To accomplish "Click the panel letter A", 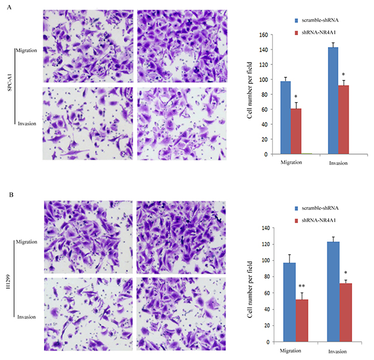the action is (x=9, y=7).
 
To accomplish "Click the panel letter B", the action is (x=11, y=195).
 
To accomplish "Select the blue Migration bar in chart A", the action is (x=285, y=117).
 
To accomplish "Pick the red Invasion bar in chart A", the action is (x=344, y=120).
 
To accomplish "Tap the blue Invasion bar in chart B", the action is (x=333, y=292).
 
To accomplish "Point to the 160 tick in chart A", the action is (x=264, y=35).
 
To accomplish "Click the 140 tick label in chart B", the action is (x=265, y=228).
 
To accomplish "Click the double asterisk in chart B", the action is (x=302, y=286).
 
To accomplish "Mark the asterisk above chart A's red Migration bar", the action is (x=296, y=97).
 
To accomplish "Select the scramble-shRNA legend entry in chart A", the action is (x=317, y=20).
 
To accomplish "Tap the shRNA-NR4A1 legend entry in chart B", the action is (x=315, y=220).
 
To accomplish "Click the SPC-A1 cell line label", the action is (x=10, y=82).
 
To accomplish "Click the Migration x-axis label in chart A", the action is (x=291, y=162).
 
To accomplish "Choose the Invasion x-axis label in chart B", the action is (x=338, y=351).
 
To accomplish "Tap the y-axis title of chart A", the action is (x=250, y=90).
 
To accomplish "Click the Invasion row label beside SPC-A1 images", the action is (x=27, y=124).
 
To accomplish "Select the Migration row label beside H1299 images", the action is (x=26, y=242).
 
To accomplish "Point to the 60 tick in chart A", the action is (x=265, y=109).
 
